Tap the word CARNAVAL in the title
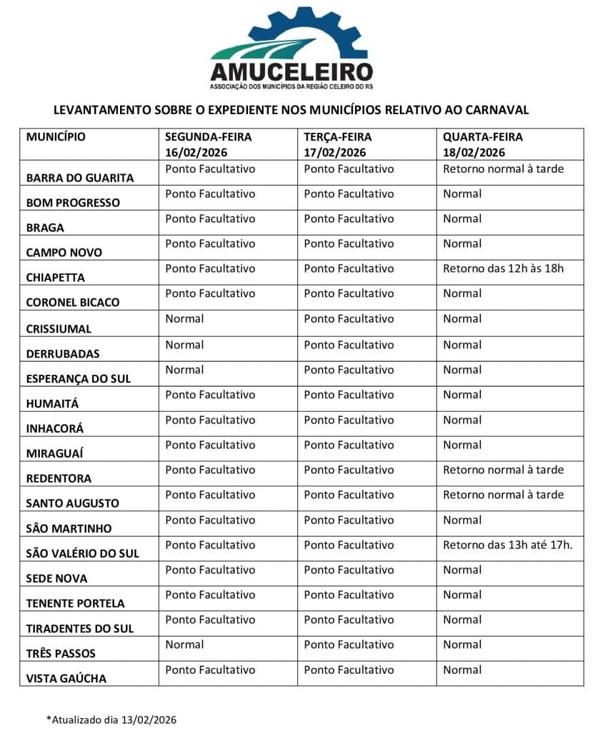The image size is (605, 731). tap(496, 110)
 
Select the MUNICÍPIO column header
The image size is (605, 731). tap(56, 136)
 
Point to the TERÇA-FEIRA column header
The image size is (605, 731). tap(338, 136)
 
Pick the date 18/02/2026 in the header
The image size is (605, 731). tap(474, 152)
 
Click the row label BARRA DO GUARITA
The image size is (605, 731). tap(80, 178)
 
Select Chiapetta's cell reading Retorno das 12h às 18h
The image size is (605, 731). tap(503, 268)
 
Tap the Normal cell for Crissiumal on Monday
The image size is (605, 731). tap(184, 318)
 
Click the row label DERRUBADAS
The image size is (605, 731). tap(63, 353)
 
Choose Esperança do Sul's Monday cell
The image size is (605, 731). tap(184, 370)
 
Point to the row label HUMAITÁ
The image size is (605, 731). tap(53, 403)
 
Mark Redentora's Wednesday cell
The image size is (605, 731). tap(503, 470)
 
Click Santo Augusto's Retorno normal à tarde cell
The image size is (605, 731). tap(503, 495)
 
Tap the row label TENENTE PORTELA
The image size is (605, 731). tap(75, 603)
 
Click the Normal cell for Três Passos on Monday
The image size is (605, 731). tap(184, 645)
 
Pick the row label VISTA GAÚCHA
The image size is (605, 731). tap(66, 679)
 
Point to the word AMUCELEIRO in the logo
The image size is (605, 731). tap(291, 72)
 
